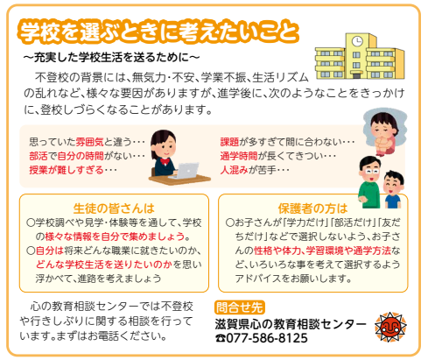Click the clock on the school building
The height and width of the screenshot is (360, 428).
point(356,41)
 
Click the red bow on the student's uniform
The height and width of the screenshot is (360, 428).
point(165,161)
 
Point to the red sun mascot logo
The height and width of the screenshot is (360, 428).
point(390,327)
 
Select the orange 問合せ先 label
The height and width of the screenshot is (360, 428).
point(240,307)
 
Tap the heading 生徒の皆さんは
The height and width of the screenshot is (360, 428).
point(114,208)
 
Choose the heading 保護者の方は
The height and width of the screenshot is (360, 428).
point(312,208)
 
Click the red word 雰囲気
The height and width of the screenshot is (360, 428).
point(89,142)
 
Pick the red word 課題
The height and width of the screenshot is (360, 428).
point(229,142)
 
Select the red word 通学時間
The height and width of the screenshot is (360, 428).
point(239,156)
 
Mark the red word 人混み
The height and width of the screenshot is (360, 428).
point(234,170)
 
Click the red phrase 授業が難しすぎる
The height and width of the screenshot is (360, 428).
point(67,170)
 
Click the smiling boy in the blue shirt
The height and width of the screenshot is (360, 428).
point(393,189)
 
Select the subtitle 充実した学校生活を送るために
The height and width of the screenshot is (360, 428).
point(111,57)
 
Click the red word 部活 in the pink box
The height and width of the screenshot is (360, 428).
point(39,156)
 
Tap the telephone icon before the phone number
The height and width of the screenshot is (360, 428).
point(221,338)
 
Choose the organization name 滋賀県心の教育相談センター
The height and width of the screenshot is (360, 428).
point(291,324)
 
